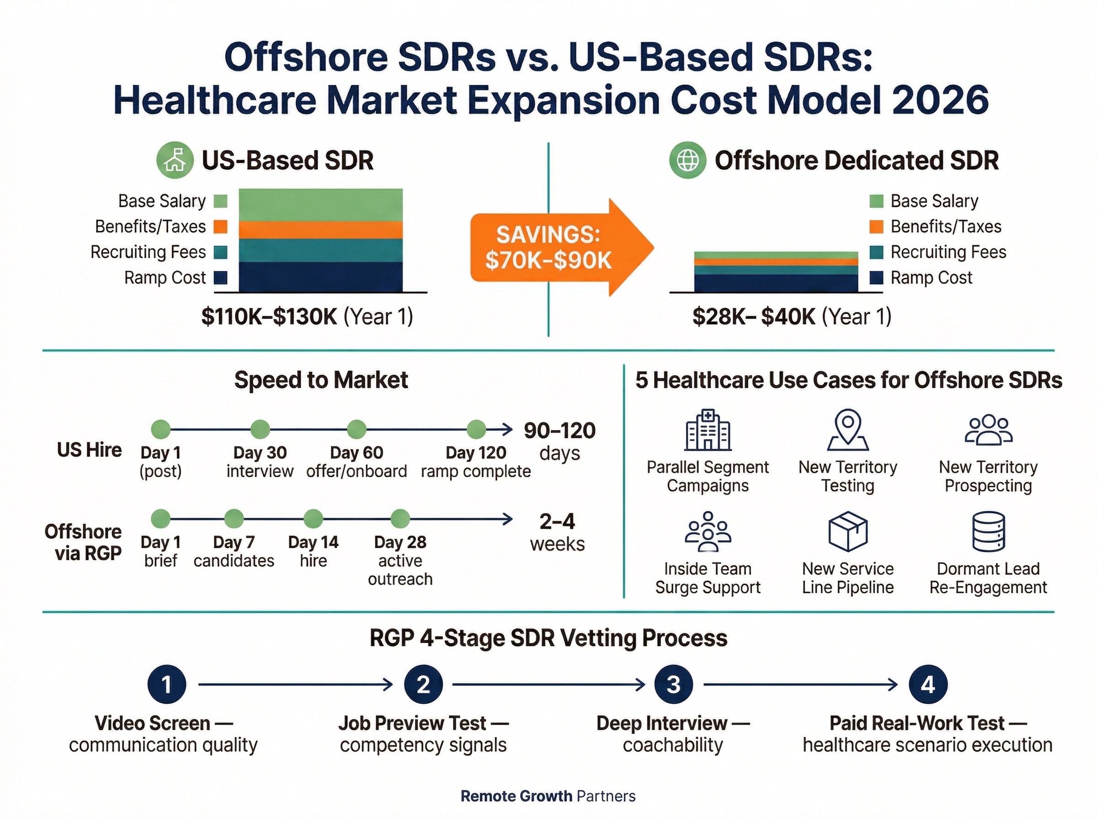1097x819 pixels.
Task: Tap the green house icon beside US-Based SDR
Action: tap(175, 160)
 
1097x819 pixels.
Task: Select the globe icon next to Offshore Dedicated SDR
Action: tap(687, 160)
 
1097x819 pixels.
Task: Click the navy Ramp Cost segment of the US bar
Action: tap(320, 277)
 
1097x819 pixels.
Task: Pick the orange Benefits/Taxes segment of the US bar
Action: tap(320, 229)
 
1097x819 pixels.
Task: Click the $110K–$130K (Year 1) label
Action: tap(307, 316)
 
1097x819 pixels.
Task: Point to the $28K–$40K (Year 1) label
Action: tap(791, 316)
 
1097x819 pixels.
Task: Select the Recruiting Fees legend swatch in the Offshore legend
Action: tap(876, 252)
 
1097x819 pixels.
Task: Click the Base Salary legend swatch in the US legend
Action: tap(220, 201)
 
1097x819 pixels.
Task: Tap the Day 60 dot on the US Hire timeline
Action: tap(357, 429)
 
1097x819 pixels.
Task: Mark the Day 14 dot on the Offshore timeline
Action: tap(313, 519)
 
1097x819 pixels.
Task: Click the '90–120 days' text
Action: tap(559, 441)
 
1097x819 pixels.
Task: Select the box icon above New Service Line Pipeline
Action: tap(847, 532)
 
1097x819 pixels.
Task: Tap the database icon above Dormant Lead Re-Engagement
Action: tap(988, 532)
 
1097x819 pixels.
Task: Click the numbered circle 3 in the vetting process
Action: tap(673, 685)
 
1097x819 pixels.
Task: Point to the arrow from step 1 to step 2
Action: tap(295, 685)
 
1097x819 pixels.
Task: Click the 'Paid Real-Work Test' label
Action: tap(916, 723)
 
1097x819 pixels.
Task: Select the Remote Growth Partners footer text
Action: tap(548, 796)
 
